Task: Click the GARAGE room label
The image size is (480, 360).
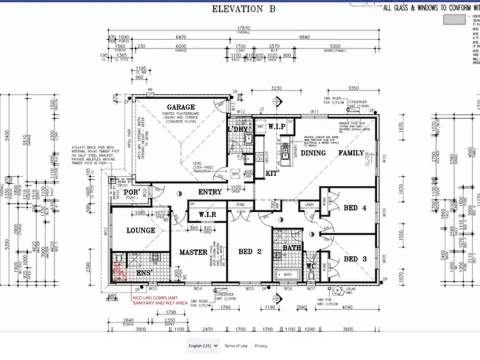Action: [181, 107]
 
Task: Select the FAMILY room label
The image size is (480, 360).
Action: [351, 153]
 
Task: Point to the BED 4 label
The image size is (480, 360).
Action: [355, 208]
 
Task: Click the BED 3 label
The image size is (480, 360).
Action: [355, 259]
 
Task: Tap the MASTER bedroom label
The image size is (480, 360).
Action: [193, 253]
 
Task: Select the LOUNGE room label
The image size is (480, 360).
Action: [141, 231]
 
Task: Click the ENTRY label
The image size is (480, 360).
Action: [210, 193]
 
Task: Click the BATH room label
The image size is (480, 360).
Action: [291, 247]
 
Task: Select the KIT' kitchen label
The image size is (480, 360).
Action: [271, 173]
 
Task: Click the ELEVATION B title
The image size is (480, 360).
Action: [239, 9]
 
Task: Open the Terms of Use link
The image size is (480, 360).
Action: [235, 346]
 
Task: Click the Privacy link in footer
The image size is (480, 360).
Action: [261, 346]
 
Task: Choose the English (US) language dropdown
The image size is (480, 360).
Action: [202, 346]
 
